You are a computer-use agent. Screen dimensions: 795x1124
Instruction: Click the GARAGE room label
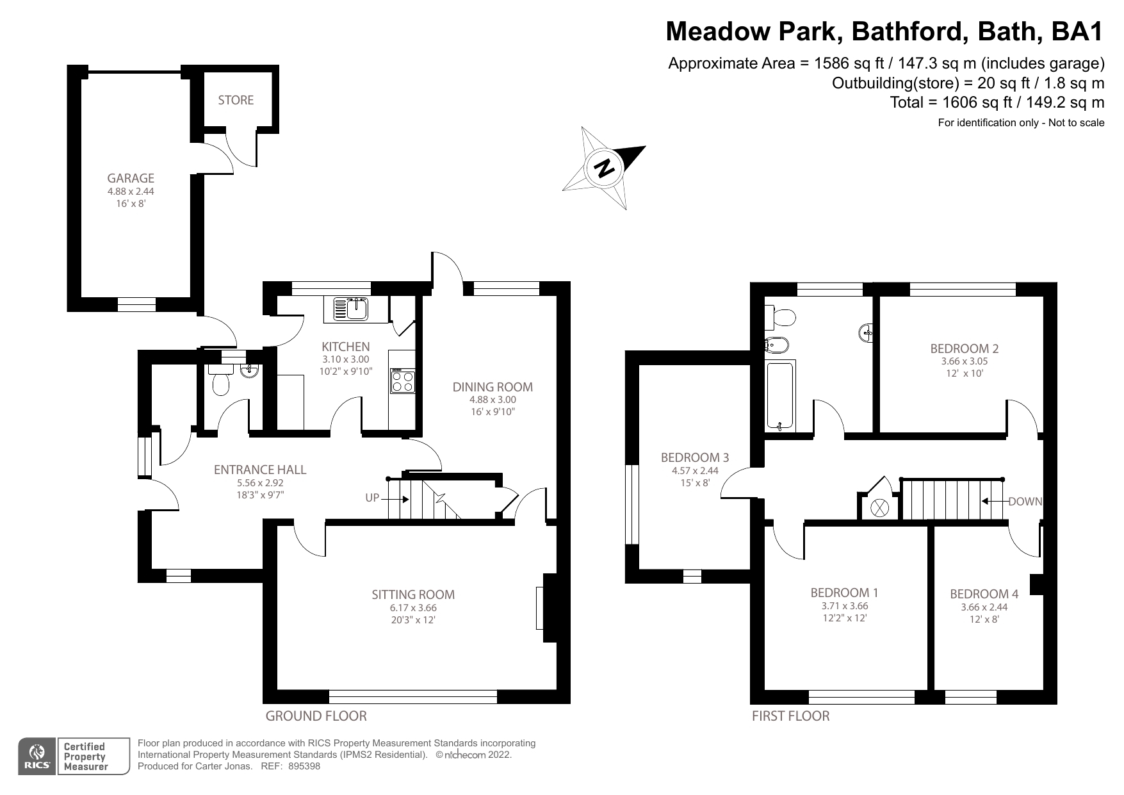pos(131,178)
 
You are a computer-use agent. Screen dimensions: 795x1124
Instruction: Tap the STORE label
pos(236,100)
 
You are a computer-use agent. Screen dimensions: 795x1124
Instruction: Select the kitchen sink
pos(350,309)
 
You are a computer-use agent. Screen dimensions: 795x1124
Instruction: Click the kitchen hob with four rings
pos(403,382)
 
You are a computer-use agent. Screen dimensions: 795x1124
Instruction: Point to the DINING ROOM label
pos(493,387)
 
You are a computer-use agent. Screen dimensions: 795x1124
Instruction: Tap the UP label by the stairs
pos(373,498)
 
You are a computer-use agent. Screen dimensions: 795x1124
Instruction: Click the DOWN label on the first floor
pos(1025,502)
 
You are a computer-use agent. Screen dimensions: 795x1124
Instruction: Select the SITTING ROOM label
pos(413,594)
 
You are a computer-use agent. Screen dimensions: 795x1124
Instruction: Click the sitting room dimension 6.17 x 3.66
pos(413,608)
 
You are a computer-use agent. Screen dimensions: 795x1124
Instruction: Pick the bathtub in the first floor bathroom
pos(780,395)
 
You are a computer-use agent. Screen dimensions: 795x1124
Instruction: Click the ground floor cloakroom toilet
pos(220,382)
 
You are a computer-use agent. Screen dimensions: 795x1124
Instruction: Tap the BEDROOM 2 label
pos(964,348)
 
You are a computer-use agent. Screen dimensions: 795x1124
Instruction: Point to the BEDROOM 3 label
pos(694,457)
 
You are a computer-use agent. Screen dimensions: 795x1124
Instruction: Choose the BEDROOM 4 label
pos(984,594)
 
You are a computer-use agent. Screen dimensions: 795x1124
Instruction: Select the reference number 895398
pos(305,766)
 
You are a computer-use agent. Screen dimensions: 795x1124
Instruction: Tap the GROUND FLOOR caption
pos(316,716)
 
